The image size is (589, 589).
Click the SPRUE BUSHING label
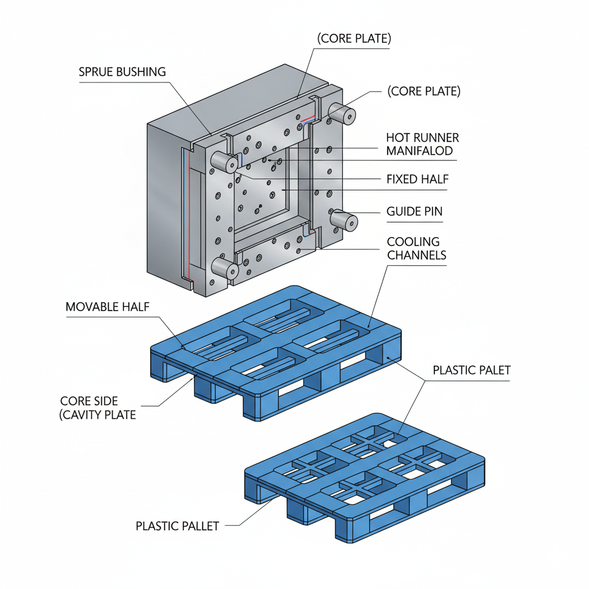(x=122, y=72)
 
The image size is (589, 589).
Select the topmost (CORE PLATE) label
(x=354, y=39)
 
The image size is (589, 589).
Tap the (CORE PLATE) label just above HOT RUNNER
(x=423, y=91)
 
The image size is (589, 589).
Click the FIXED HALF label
(x=417, y=179)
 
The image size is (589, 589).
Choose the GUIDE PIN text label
(x=415, y=212)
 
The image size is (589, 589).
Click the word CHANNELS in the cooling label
(x=416, y=255)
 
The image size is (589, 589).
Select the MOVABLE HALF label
(x=108, y=307)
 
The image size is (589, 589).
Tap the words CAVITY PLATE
(x=100, y=414)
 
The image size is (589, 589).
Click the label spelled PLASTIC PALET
(x=471, y=370)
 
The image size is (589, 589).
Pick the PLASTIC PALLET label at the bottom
(x=177, y=526)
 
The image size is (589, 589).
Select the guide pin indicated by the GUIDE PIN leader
(x=343, y=221)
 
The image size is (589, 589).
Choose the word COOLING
(x=413, y=242)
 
